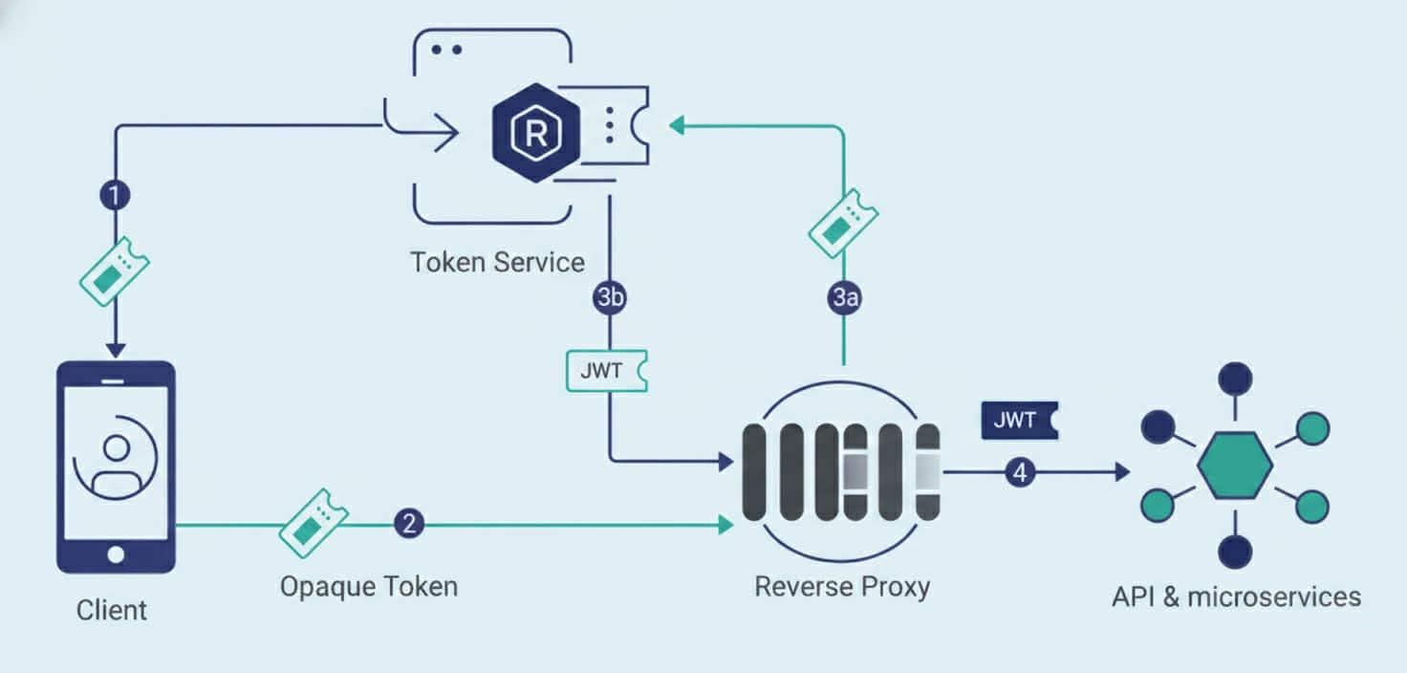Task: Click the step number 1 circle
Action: tap(116, 196)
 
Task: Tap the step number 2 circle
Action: tap(409, 524)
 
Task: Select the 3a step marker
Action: tap(844, 298)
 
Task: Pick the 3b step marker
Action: tap(610, 298)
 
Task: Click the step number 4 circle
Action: tap(1020, 471)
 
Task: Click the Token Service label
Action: tap(497, 262)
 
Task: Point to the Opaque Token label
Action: tap(368, 586)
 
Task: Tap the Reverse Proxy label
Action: tap(842, 586)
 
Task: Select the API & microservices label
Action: tap(1236, 597)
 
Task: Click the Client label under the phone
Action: tap(112, 610)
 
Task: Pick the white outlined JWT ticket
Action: tap(607, 371)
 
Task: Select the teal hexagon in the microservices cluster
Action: tap(1235, 464)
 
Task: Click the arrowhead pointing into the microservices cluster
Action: tap(1120, 471)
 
